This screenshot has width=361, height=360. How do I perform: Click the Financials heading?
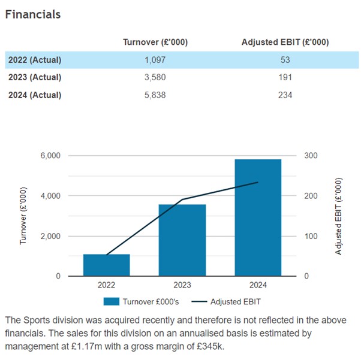[x=33, y=14]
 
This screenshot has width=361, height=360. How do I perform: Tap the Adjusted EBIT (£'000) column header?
[x=285, y=42]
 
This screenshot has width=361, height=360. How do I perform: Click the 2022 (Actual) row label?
[x=35, y=60]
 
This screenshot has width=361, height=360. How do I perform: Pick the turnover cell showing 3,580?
[x=155, y=77]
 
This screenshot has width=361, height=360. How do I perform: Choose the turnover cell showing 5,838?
[x=155, y=95]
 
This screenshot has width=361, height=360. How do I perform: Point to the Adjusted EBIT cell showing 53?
[x=285, y=60]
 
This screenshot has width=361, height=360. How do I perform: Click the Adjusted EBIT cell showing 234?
[x=285, y=95]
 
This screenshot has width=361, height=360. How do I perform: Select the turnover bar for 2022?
[x=107, y=265]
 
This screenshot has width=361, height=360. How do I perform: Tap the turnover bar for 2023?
[x=182, y=240]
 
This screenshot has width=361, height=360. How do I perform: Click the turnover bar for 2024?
[x=258, y=217]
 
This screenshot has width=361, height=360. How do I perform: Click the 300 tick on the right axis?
[x=312, y=156]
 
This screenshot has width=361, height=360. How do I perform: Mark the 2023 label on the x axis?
[x=182, y=286]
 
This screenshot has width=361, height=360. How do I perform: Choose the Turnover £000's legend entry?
[x=141, y=301]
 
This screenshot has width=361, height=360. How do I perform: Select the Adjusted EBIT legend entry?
[x=229, y=301]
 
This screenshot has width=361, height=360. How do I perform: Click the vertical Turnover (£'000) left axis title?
[x=23, y=216]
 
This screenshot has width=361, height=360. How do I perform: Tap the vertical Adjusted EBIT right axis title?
[x=339, y=216]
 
